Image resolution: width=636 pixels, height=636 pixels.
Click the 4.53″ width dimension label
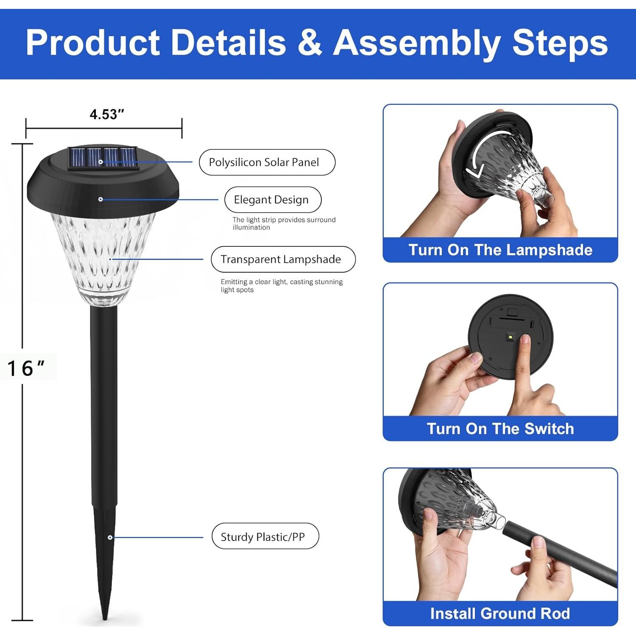(106, 114)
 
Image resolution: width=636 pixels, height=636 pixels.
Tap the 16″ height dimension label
(26, 368)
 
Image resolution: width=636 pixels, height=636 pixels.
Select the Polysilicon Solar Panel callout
(267, 162)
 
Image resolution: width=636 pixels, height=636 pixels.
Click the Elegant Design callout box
(273, 199)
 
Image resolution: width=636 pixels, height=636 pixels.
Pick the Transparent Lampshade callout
(283, 259)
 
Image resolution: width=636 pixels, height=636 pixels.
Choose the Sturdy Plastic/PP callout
(265, 536)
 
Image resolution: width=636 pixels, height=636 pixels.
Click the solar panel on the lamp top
(103, 159)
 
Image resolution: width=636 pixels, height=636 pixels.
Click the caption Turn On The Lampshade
(500, 250)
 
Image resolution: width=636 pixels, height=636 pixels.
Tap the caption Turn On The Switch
(500, 429)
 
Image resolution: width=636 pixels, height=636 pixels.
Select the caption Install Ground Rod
(500, 614)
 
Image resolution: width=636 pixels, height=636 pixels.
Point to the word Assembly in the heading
(417, 43)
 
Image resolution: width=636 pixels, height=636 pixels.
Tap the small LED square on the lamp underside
(510, 338)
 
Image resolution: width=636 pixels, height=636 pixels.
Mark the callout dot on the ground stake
(110, 537)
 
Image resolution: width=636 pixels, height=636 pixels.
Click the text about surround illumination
(284, 223)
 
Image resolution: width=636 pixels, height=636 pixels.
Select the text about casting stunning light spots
(282, 286)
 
